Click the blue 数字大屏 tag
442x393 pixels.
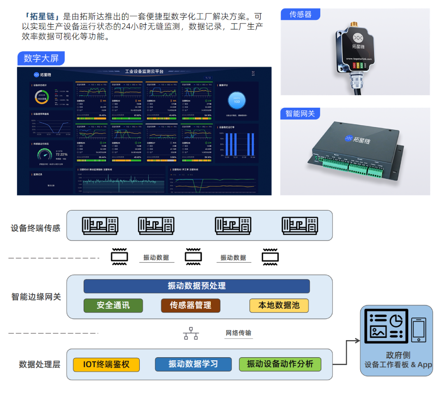pyautogui.click(x=41, y=58)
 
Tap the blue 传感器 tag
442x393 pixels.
pyautogui.click(x=300, y=14)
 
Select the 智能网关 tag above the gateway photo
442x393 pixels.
pyautogui.click(x=300, y=114)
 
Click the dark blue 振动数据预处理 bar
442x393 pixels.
pyautogui.click(x=196, y=286)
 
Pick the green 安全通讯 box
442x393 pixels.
pyautogui.click(x=113, y=306)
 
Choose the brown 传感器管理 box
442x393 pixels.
pyautogui.click(x=191, y=306)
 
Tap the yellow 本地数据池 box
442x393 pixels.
pyautogui.click(x=279, y=306)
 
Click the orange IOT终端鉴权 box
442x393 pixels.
pyautogui.click(x=106, y=364)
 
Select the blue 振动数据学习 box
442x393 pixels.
pyautogui.click(x=193, y=364)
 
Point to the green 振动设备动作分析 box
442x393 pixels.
pyautogui.click(x=280, y=364)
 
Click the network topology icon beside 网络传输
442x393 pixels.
pyautogui.click(x=191, y=334)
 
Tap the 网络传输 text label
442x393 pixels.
pyautogui.click(x=239, y=333)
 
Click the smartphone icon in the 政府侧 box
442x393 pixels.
pyautogui.click(x=418, y=330)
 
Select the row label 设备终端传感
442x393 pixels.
pyautogui.click(x=35, y=228)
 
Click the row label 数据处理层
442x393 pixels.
pyautogui.click(x=40, y=365)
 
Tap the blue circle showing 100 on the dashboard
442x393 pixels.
pyautogui.click(x=237, y=100)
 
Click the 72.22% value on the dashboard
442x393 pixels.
pyautogui.click(x=61, y=154)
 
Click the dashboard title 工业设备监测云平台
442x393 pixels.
pyautogui.click(x=144, y=72)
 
